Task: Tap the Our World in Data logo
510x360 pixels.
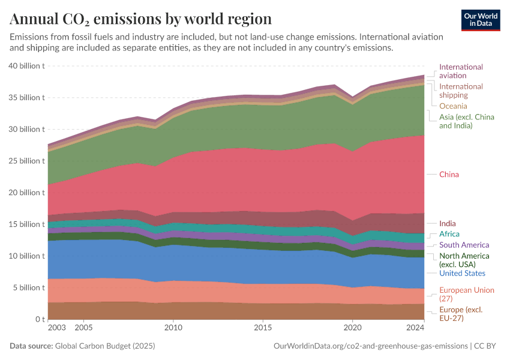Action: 480,20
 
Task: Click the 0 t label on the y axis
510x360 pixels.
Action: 39,319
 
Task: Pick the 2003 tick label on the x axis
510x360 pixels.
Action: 56,329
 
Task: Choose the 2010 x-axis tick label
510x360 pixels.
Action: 173,329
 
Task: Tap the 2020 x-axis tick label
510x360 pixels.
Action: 352,329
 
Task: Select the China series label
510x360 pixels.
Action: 449,175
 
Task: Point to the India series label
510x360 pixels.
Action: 447,224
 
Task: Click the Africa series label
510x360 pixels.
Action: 449,234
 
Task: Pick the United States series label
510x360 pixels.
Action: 462,274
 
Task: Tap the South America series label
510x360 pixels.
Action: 464,245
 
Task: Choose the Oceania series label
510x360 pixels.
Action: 453,106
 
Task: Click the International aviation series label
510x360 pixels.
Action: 461,71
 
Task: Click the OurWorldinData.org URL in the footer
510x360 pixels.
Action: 370,346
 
